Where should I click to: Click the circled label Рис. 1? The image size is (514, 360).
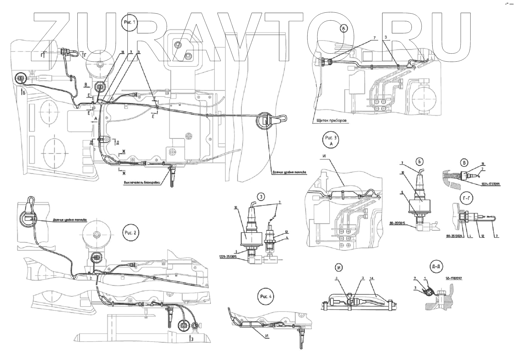pyautogui.click(x=130, y=22)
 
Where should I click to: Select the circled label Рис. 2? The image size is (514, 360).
pyautogui.click(x=131, y=232)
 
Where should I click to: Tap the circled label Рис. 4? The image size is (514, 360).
pyautogui.click(x=266, y=297)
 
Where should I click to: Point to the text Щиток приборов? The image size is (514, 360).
pyautogui.click(x=330, y=120)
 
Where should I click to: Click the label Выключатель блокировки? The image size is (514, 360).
pyautogui.click(x=142, y=183)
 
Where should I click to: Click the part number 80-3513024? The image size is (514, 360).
pyautogui.click(x=453, y=236)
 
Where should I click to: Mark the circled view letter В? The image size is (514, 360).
pyautogui.click(x=464, y=162)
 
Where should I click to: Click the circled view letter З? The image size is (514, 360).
pyautogui.click(x=261, y=196)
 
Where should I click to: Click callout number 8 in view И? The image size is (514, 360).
pyautogui.click(x=336, y=278)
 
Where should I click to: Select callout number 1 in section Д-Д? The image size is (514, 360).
pyautogui.click(x=425, y=278)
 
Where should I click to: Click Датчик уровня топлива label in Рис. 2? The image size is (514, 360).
pyautogui.click(x=70, y=219)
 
